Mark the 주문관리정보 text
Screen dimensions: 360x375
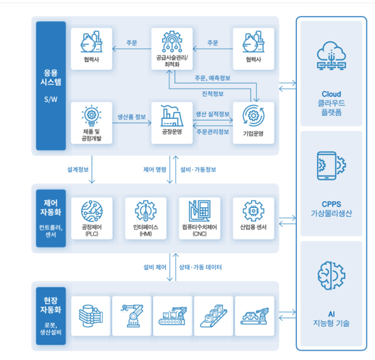click(212, 132)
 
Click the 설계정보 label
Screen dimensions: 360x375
click(77, 169)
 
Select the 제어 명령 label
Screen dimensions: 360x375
click(154, 169)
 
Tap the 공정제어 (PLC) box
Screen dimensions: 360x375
click(92, 218)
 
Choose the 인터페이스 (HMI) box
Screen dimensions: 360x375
click(146, 218)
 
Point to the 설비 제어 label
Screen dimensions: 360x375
click(154, 267)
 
